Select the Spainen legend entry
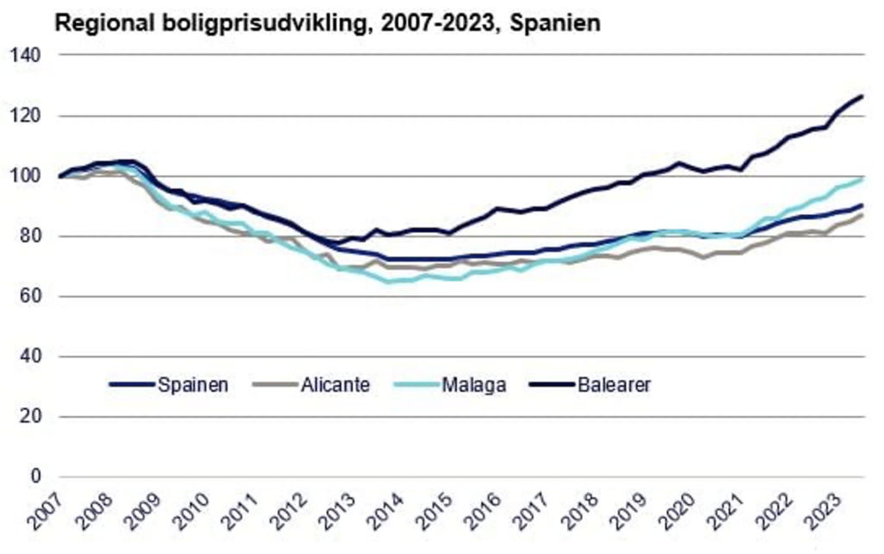click(193, 385)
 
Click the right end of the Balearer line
click(862, 96)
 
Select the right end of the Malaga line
click(862, 179)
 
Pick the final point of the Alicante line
click(862, 214)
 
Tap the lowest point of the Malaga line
click(388, 281)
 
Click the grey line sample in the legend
click(270, 385)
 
